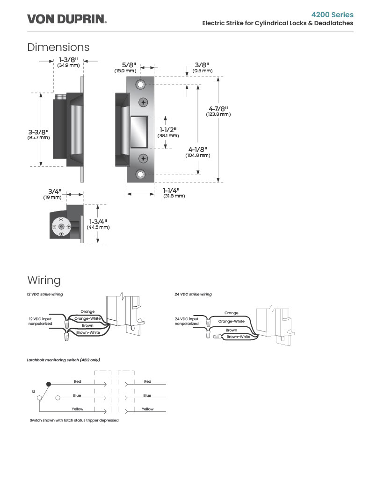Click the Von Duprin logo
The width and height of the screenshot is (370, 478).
pos(67,19)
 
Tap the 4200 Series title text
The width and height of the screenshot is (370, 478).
pos(333,14)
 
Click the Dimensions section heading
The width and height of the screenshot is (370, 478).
pos(58,47)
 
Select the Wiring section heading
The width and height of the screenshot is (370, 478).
pos(44,280)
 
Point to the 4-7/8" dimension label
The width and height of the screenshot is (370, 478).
pos(218,109)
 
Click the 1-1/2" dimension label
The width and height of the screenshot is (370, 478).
pos(168,130)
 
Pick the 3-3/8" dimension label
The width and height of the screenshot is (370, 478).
pos(38,132)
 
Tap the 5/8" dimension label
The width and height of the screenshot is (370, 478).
pos(129,65)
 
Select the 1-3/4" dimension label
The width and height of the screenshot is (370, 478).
pos(98,222)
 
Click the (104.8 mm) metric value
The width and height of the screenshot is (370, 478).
pos(198,155)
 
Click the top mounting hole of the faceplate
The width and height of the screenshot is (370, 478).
pos(140,84)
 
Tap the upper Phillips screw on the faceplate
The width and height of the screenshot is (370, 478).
pos(143,102)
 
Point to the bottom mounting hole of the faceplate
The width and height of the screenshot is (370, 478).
pos(140,174)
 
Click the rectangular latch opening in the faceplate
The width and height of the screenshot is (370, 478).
pos(139,132)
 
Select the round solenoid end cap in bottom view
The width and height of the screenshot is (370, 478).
pos(61,226)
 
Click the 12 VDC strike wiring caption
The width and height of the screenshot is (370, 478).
pos(45,294)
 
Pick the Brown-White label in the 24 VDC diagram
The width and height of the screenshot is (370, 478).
pos(238,337)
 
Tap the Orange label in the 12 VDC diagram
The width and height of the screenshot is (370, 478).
pos(87,311)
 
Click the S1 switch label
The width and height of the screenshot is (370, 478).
pos(34,392)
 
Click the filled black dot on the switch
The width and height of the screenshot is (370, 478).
pos(49,384)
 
